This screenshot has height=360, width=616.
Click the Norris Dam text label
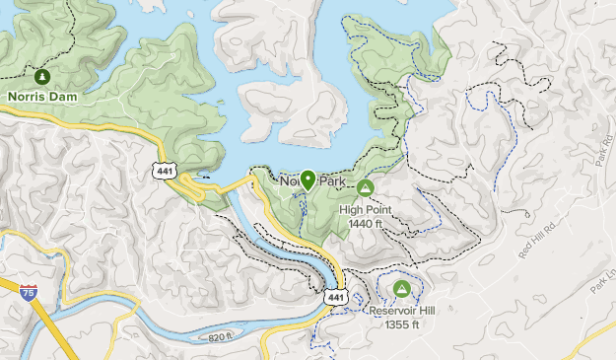tap(42, 97)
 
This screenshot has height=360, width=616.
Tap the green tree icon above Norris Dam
tap(41, 76)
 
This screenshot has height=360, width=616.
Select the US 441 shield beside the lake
tap(166, 171)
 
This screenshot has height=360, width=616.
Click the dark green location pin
tap(308, 180)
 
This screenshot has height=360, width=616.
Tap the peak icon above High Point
tap(365, 187)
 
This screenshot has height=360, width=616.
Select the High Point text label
tap(365, 209)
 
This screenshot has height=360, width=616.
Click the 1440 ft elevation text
tap(365, 223)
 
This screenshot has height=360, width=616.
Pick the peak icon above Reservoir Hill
tap(401, 288)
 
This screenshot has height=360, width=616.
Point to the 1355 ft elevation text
tap(401, 324)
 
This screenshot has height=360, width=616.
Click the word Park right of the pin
tap(334, 182)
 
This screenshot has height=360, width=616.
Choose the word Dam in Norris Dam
tap(62, 97)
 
